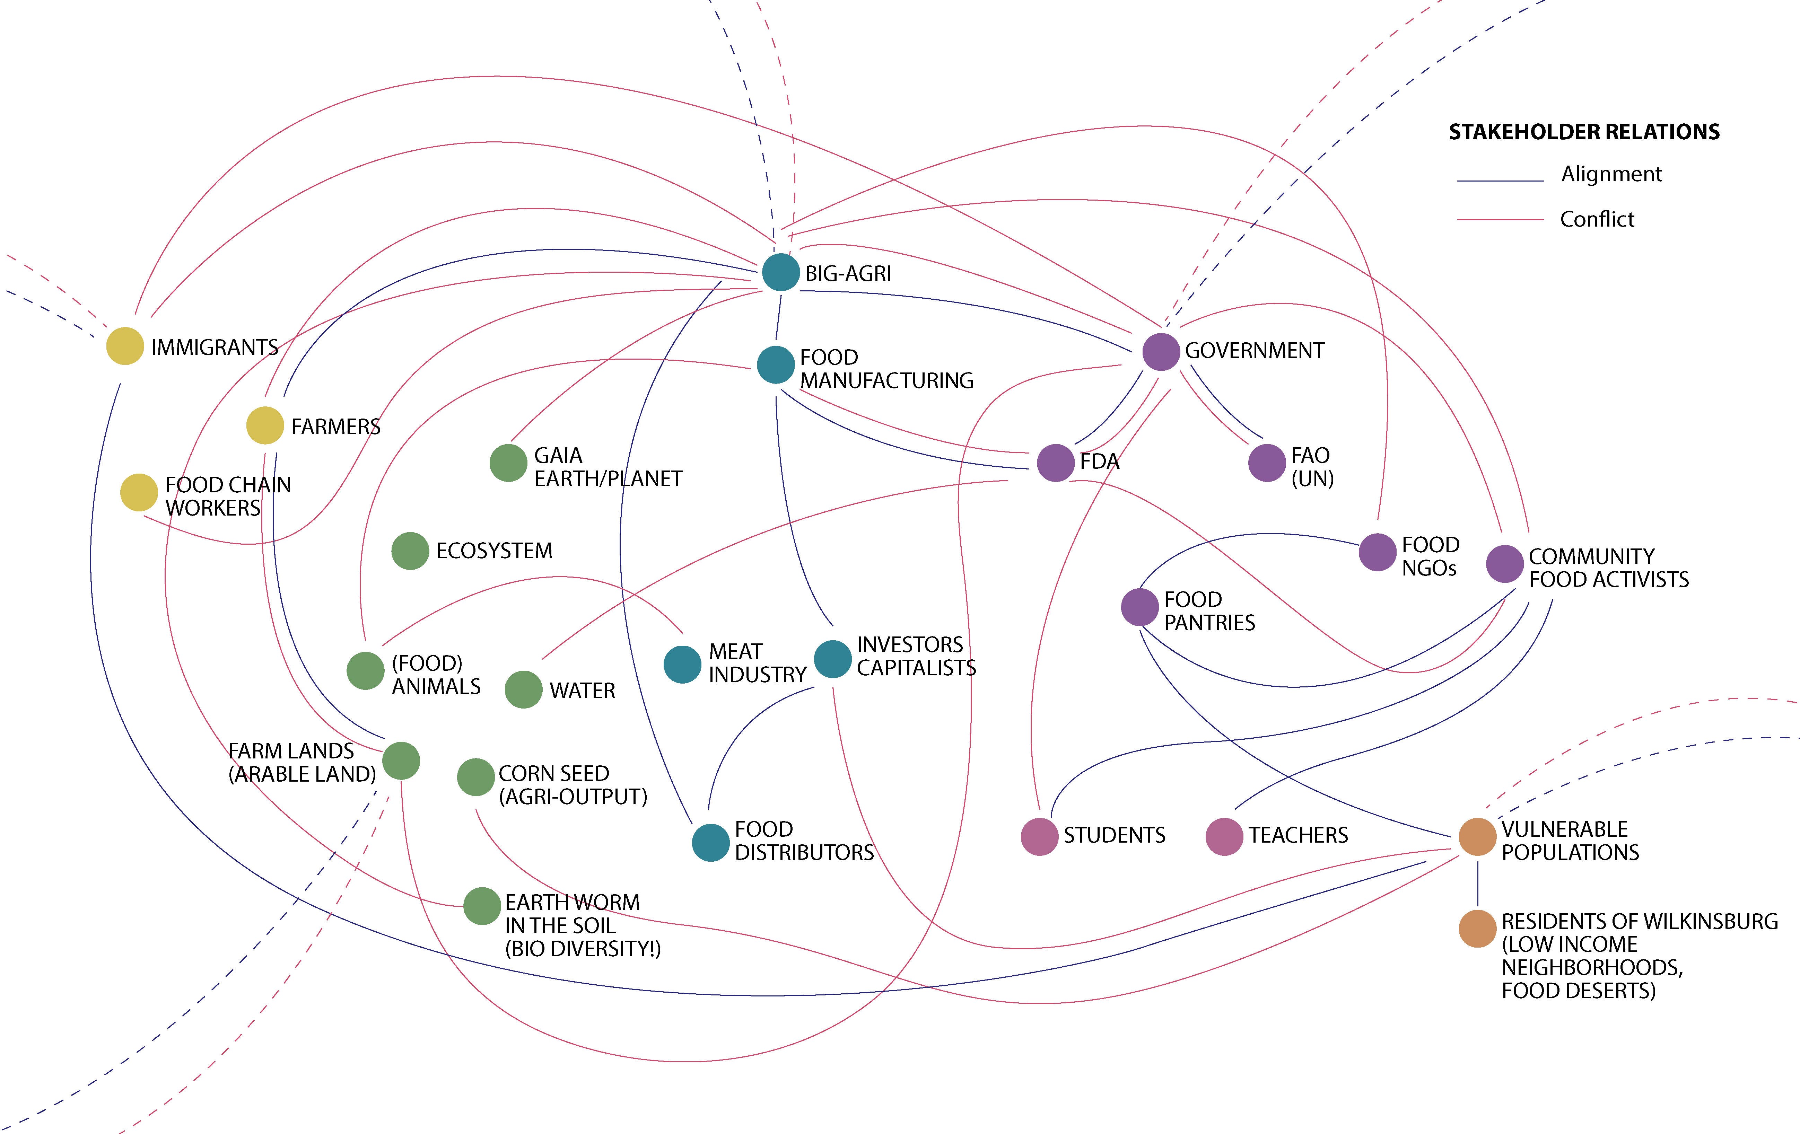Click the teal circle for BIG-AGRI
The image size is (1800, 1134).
pos(780,272)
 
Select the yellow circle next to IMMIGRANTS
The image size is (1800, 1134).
pos(125,346)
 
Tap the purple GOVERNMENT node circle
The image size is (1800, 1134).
pos(1161,351)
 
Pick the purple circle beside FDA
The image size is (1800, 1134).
pos(1056,463)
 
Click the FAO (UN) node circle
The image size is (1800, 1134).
pos(1267,463)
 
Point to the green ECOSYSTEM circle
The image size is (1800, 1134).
pos(410,551)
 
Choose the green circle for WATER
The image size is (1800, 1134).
pos(523,689)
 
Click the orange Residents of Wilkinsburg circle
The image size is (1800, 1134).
pos(1477,929)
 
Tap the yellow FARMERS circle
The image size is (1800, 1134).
pos(265,425)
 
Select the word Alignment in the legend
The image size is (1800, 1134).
pos(1611,174)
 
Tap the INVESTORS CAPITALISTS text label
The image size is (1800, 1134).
pos(916,656)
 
